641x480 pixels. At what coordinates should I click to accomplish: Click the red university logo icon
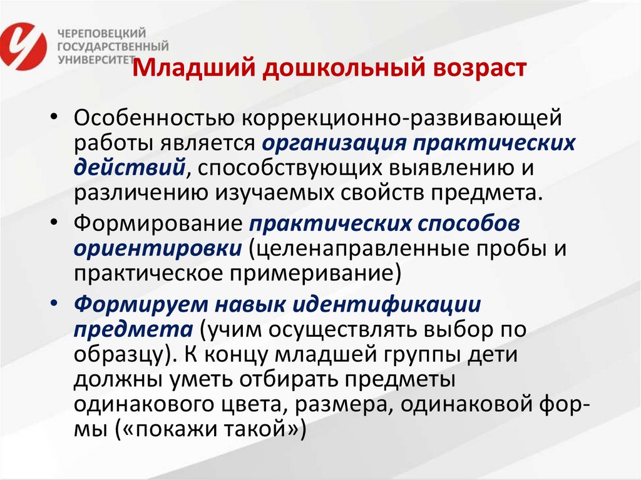point(26,45)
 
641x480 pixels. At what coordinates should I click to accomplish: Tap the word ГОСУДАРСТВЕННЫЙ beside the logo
point(113,46)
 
